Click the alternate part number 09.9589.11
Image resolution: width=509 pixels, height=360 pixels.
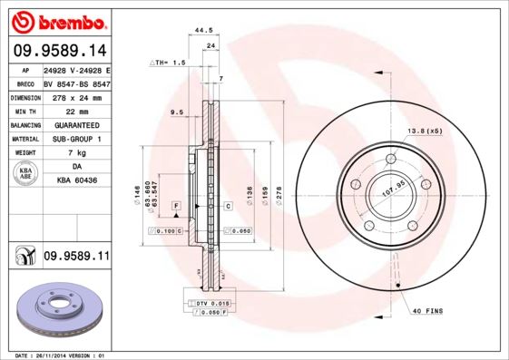(x=76, y=258)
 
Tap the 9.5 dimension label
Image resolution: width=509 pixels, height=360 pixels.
(x=177, y=112)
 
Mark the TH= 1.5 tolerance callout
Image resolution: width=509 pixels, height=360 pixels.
(x=168, y=63)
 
